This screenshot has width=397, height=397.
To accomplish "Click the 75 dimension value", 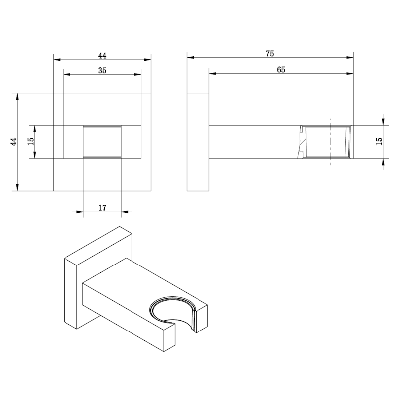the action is pos(270,54).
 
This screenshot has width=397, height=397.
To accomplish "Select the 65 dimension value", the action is pos(281,70).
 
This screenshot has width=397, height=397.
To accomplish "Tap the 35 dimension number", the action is pos(102,70).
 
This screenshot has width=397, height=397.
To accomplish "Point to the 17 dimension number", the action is pos(102,208).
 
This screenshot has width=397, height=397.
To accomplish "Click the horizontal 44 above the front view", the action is pos(102,56).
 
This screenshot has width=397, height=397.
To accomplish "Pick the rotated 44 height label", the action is pos(14,141).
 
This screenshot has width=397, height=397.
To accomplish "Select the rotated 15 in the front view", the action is pos(31,141).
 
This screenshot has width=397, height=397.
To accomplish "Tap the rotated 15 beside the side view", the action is pos(379,141).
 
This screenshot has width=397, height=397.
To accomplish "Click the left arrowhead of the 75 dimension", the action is pos(190,58).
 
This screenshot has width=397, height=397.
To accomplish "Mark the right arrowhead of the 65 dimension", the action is pos(350,74).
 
